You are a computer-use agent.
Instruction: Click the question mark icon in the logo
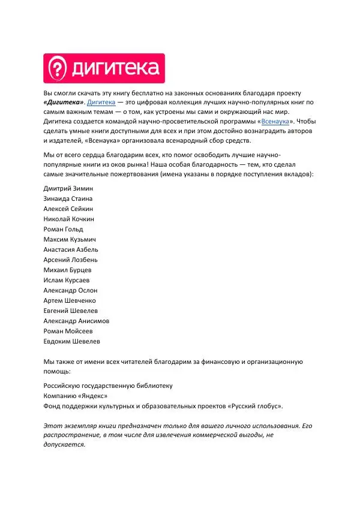click(x=57, y=68)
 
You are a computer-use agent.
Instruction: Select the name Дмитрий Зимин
click(x=69, y=188)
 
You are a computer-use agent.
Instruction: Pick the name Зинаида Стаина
click(x=68, y=198)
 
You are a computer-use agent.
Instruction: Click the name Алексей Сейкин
click(x=68, y=208)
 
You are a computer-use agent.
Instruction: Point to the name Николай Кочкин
click(x=69, y=219)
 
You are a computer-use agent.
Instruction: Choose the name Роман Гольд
click(x=64, y=229)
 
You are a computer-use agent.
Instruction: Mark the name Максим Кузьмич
click(x=71, y=239)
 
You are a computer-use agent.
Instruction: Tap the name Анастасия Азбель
click(x=71, y=249)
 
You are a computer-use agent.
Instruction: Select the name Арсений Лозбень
click(x=71, y=260)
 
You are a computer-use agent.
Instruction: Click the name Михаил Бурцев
click(x=68, y=270)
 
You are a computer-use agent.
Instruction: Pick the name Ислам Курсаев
click(x=67, y=280)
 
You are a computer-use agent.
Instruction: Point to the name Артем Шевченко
click(x=70, y=300)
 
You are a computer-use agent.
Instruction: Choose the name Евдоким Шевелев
click(x=72, y=341)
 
